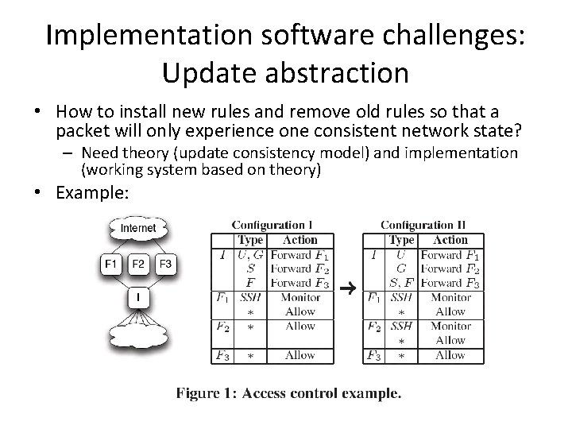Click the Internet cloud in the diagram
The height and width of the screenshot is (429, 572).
138,229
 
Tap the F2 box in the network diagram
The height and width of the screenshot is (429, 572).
138,263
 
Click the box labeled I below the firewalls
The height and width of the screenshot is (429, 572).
138,298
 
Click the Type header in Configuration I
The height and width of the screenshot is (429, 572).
250,240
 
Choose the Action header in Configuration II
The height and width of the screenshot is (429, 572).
451,240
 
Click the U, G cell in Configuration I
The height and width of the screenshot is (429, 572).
250,255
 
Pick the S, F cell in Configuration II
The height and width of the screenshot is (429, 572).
401,283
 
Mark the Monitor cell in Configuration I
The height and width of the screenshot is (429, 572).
300,298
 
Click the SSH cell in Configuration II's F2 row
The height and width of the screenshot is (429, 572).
401,327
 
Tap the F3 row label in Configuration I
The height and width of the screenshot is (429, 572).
222,356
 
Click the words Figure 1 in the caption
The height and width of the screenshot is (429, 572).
202,392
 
